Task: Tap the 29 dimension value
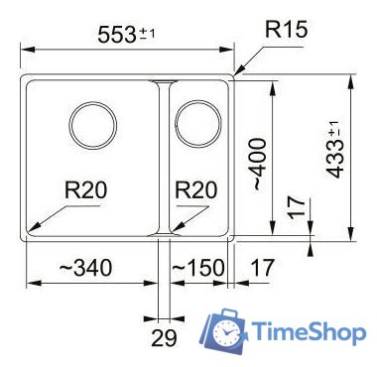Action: click(x=164, y=337)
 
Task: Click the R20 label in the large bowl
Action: click(x=84, y=190)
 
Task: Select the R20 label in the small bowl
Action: click(x=195, y=190)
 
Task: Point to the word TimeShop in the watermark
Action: click(x=307, y=332)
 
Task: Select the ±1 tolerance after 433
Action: click(x=334, y=128)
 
